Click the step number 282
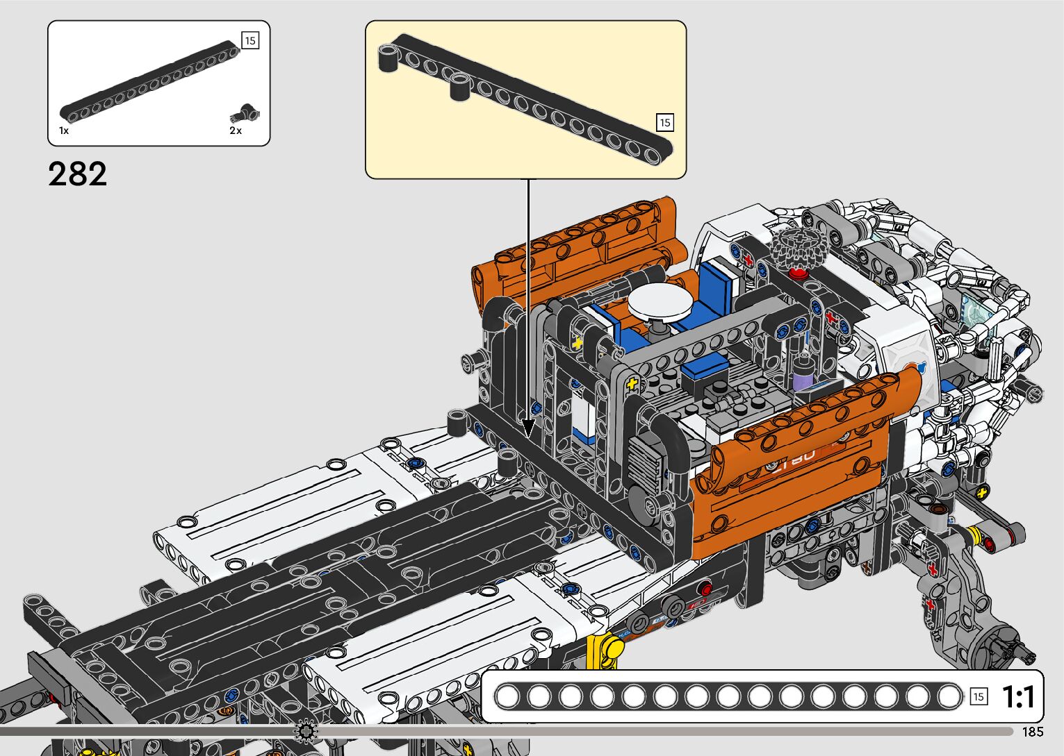[x=77, y=174]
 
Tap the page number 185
[x=1033, y=731]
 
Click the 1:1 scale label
[x=1018, y=697]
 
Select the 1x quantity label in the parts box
[x=64, y=131]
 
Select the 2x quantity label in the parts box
[x=236, y=131]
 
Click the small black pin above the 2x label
[x=245, y=114]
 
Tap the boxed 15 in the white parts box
[x=250, y=41]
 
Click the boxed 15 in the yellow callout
[x=665, y=122]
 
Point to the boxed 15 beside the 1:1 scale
[x=979, y=697]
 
